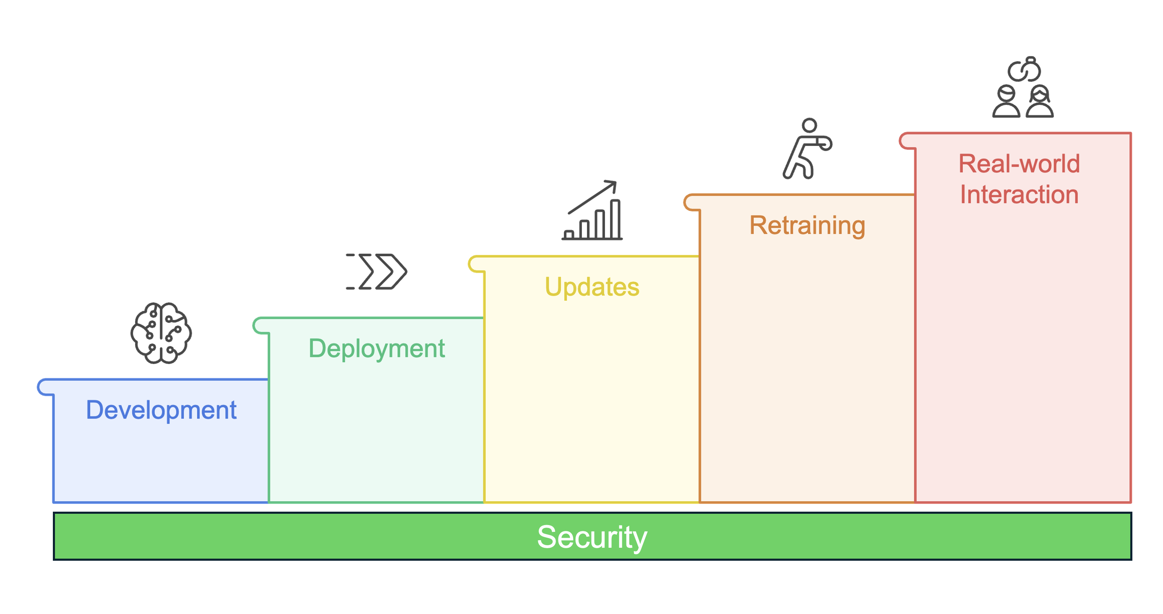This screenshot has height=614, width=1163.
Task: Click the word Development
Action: click(x=161, y=410)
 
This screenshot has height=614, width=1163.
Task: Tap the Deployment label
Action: click(x=376, y=349)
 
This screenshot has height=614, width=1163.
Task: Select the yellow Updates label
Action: click(x=592, y=287)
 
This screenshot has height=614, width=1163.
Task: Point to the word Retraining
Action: click(x=807, y=225)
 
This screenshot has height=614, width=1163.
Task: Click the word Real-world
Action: click(x=1019, y=164)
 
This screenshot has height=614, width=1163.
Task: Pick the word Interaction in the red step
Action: click(x=1019, y=195)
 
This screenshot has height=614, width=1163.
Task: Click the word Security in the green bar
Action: click(x=592, y=537)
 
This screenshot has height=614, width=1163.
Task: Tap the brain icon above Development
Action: click(x=161, y=333)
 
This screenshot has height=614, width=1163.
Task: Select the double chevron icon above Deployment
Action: click(x=377, y=271)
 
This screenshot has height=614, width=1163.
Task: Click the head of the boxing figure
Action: click(x=809, y=125)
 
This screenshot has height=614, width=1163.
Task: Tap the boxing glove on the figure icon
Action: click(x=825, y=143)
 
